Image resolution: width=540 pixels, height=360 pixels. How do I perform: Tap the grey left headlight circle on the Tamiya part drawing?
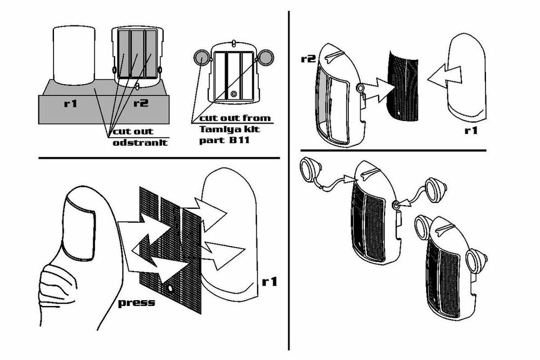pos(201,56)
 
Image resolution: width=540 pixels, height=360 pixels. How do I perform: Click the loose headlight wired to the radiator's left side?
pos(313,169)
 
